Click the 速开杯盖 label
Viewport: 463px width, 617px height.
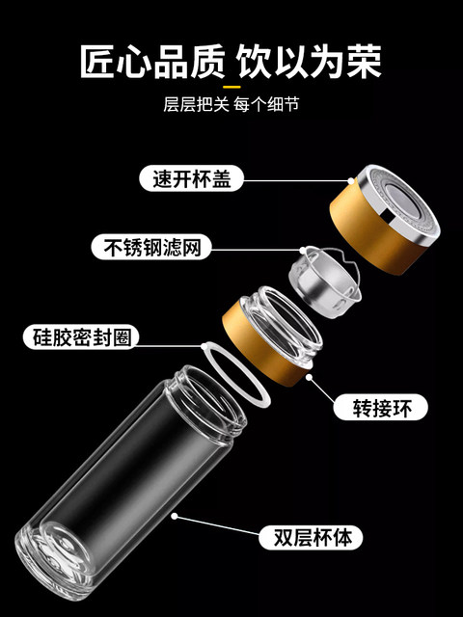click(191, 178)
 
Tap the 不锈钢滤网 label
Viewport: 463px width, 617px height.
click(151, 247)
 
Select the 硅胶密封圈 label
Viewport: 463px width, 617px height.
click(81, 337)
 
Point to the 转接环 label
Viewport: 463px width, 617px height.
click(380, 407)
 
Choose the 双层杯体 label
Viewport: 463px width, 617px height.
click(311, 538)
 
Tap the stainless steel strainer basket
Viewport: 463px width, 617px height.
click(325, 282)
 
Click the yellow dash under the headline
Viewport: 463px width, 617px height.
click(231, 87)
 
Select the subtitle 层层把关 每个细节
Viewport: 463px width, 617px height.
click(231, 105)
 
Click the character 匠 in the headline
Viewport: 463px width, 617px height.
click(96, 62)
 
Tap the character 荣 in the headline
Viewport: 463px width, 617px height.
click(365, 62)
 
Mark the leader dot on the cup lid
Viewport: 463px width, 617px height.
click(351, 180)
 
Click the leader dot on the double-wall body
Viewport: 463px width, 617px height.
click(175, 516)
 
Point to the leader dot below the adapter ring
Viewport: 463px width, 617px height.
click(309, 377)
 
